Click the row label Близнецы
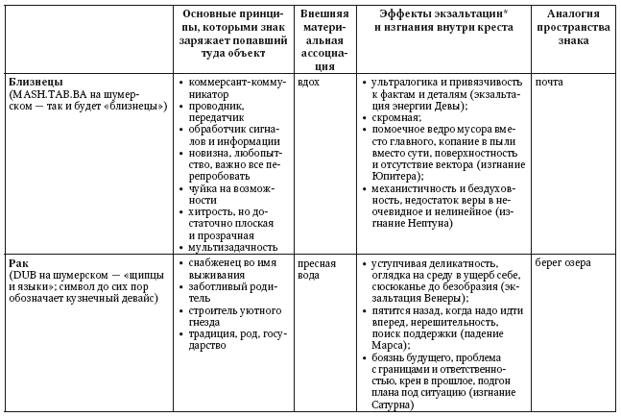point(36,82)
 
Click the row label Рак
point(17,261)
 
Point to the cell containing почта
point(550,82)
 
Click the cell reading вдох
point(309,82)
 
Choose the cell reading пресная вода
point(316,268)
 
